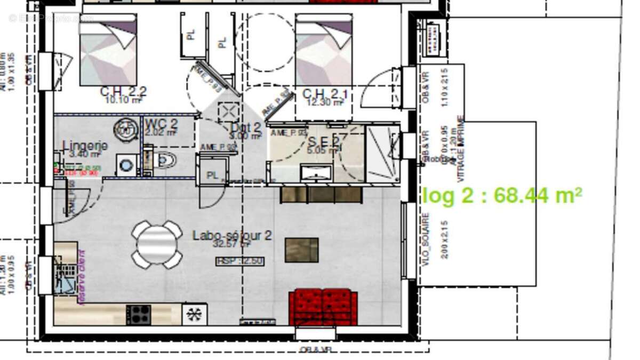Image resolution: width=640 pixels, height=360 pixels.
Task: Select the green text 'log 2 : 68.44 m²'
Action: click(502, 196)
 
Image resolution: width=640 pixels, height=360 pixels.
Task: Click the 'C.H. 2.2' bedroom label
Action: click(123, 92)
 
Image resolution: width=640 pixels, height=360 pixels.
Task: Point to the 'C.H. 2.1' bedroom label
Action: click(325, 94)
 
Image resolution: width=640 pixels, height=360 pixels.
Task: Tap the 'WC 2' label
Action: click(161, 124)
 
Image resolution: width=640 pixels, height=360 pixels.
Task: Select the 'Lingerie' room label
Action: click(85, 146)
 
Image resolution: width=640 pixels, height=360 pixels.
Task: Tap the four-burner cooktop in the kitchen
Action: click(139, 314)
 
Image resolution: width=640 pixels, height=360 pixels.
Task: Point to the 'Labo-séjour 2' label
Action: click(232, 235)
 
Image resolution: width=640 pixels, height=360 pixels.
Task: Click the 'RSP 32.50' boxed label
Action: click(240, 261)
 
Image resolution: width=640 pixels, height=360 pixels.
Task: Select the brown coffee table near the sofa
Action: click(301, 250)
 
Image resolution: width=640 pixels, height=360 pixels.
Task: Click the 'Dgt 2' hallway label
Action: click(246, 127)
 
